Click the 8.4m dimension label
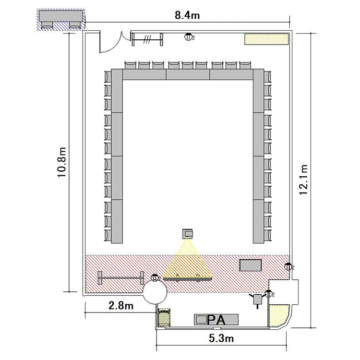pos(187,15)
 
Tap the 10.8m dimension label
pos(62,162)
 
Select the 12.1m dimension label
pos(303,180)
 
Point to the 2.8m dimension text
pos(121,306)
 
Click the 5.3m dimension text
pos(221,338)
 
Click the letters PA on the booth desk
pos(216,320)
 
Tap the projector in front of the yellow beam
pos(188,233)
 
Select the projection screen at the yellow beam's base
pos(188,278)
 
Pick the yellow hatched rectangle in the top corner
pos(266,39)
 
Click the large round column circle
pos(155,291)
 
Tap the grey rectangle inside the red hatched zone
pos(250,265)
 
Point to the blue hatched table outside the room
pos(61,20)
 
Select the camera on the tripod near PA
pos(258,300)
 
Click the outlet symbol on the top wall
pos(188,37)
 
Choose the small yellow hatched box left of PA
pos(164,318)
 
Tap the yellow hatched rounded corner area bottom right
pos(278,314)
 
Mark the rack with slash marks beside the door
pos(147,39)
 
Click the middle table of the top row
pos(188,74)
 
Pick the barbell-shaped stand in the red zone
pos(121,278)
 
